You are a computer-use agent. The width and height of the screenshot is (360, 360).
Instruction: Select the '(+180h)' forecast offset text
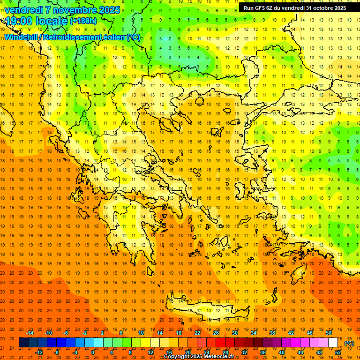click(83, 21)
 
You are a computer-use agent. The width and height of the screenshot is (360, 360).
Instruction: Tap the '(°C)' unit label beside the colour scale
click(349, 343)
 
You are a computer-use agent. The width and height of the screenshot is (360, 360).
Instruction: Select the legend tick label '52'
click(338, 352)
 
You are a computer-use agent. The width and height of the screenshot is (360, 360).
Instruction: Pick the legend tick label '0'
click(93, 352)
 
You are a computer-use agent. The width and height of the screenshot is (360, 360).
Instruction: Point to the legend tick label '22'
click(197, 332)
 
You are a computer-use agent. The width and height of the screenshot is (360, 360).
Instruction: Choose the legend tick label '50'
click(329, 332)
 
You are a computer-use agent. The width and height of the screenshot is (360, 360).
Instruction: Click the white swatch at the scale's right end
click(333, 343)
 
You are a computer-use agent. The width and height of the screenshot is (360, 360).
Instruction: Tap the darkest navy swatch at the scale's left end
click(23, 343)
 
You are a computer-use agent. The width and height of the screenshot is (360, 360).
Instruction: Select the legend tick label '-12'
click(39, 352)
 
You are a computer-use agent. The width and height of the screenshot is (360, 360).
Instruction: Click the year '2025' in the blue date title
click(106, 10)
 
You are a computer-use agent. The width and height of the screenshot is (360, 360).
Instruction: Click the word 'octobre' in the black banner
click(324, 8)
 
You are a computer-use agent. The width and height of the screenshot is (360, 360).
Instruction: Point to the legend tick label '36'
click(263, 352)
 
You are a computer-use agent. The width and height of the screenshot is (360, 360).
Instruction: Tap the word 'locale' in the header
click(51, 21)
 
